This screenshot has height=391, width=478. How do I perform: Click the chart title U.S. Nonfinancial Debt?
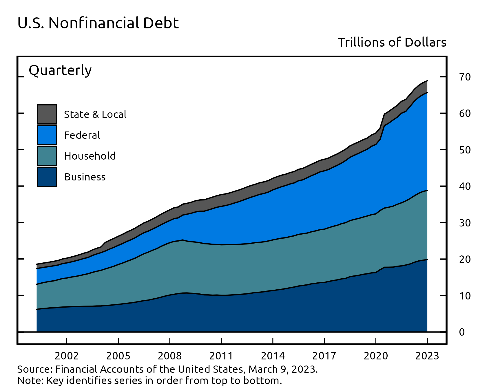[98, 23]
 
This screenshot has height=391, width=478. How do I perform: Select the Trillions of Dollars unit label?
[392, 43]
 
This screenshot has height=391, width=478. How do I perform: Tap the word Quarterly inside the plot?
[60, 70]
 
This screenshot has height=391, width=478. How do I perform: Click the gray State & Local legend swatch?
[47, 114]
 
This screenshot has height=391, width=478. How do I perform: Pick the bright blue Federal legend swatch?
[47, 135]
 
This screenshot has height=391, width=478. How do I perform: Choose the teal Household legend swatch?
[47, 156]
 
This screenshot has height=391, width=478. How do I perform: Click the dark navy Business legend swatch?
[47, 177]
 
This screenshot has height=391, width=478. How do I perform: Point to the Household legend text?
[90, 156]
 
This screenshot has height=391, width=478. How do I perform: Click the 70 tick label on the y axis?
[465, 77]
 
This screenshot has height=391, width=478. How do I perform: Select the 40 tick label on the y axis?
[465, 186]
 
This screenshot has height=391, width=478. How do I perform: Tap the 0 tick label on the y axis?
[462, 332]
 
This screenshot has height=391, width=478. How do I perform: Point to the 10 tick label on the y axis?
[465, 296]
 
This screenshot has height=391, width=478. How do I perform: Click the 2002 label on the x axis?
[67, 356]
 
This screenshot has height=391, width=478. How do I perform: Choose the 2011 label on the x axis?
[221, 356]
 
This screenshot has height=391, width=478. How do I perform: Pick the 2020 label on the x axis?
[376, 356]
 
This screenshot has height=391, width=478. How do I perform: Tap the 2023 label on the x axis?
[427, 356]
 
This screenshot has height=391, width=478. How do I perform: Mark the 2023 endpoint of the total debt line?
[427, 81]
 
